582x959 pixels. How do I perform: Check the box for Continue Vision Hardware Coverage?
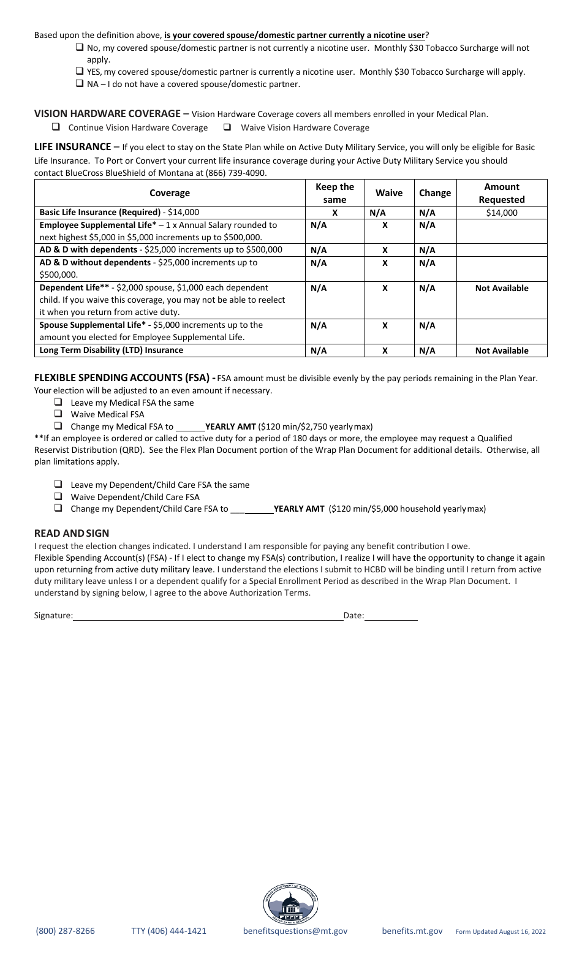pyautogui.click(x=56, y=127)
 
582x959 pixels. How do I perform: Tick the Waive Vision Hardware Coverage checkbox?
pyautogui.click(x=227, y=127)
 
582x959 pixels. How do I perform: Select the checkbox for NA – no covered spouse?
pyautogui.click(x=80, y=83)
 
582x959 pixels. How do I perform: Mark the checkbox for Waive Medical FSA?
pyautogui.click(x=58, y=414)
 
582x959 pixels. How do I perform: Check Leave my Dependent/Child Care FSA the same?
pyautogui.click(x=58, y=484)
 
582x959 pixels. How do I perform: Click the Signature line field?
pyautogui.click(x=208, y=615)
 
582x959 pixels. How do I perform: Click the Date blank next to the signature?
pyautogui.click(x=391, y=615)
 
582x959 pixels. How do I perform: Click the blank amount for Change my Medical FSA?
pyautogui.click(x=190, y=426)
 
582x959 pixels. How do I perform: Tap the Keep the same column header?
pyautogui.click(x=334, y=193)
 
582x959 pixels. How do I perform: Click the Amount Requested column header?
pyautogui.click(x=501, y=193)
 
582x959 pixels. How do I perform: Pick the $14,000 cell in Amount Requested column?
pyautogui.click(x=501, y=213)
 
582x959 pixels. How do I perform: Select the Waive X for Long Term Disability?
pyautogui.click(x=385, y=351)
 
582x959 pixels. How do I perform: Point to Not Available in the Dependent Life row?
pyautogui.click(x=501, y=288)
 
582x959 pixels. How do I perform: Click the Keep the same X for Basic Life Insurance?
pyautogui.click(x=334, y=213)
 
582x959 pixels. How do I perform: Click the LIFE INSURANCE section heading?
pyautogui.click(x=72, y=146)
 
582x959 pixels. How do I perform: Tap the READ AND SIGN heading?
pyautogui.click(x=72, y=533)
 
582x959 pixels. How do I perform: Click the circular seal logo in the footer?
pyautogui.click(x=290, y=904)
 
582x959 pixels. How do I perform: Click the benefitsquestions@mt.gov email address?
pyautogui.click(x=295, y=931)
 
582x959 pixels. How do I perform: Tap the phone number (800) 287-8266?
pyautogui.click(x=66, y=931)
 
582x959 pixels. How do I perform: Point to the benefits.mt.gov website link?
pyautogui.click(x=412, y=931)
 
